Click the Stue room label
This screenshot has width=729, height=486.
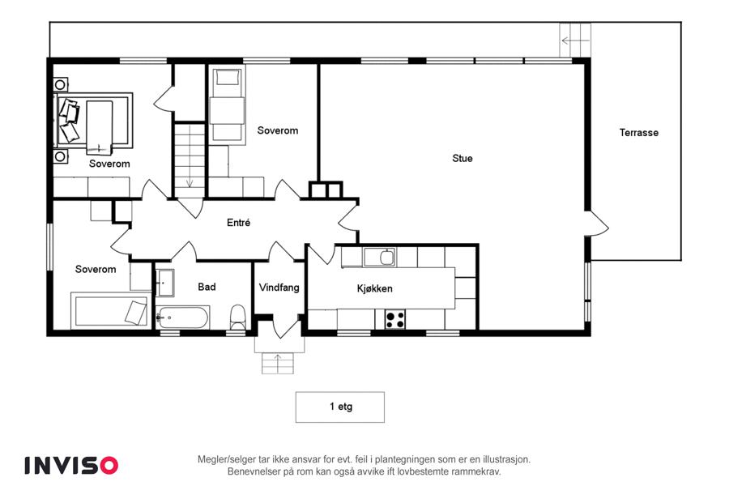tap(463, 158)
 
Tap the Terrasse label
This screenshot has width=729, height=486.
tap(639, 133)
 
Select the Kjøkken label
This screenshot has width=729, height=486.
tap(375, 288)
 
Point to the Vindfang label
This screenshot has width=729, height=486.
tap(279, 288)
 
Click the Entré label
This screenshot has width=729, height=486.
tap(238, 223)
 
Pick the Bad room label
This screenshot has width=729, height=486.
tap(207, 287)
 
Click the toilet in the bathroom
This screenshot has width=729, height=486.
tap(237, 316)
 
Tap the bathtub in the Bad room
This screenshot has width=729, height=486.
tap(181, 318)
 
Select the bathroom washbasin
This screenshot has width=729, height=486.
tap(164, 283)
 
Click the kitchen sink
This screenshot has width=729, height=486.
tap(380, 257)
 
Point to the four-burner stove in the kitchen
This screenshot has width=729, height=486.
tap(394, 319)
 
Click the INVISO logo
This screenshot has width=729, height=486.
tap(71, 466)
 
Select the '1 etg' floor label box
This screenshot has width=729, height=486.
tap(340, 407)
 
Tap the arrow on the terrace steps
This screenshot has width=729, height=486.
tap(576, 41)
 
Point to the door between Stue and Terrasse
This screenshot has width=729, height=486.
tap(598, 224)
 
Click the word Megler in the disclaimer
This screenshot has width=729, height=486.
tap(212, 459)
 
